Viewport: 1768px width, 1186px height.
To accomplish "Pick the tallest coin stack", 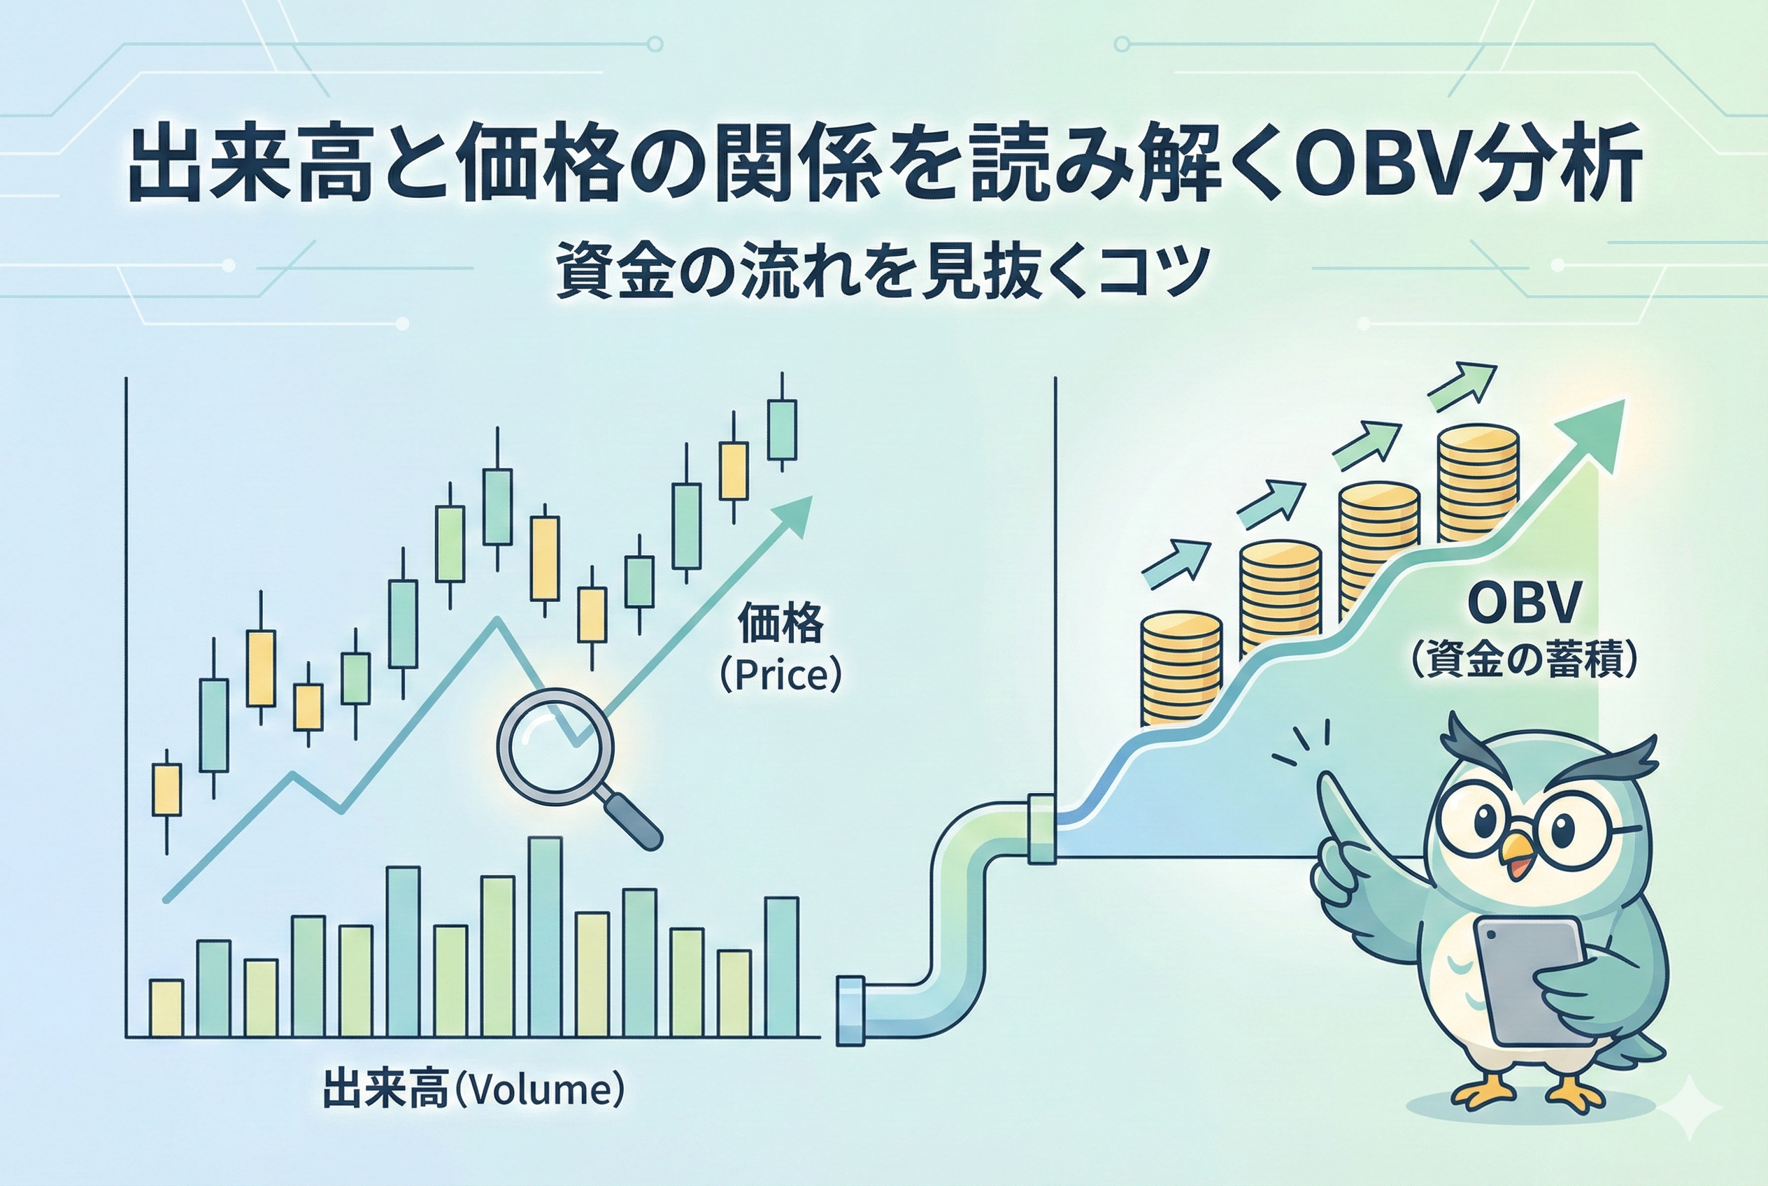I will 1478,484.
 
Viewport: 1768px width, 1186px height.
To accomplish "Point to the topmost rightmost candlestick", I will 781,429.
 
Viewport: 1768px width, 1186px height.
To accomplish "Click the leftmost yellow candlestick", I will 166,790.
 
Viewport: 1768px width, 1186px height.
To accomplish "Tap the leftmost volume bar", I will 166,1008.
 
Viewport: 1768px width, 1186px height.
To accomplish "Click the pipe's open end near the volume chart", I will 849,1011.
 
